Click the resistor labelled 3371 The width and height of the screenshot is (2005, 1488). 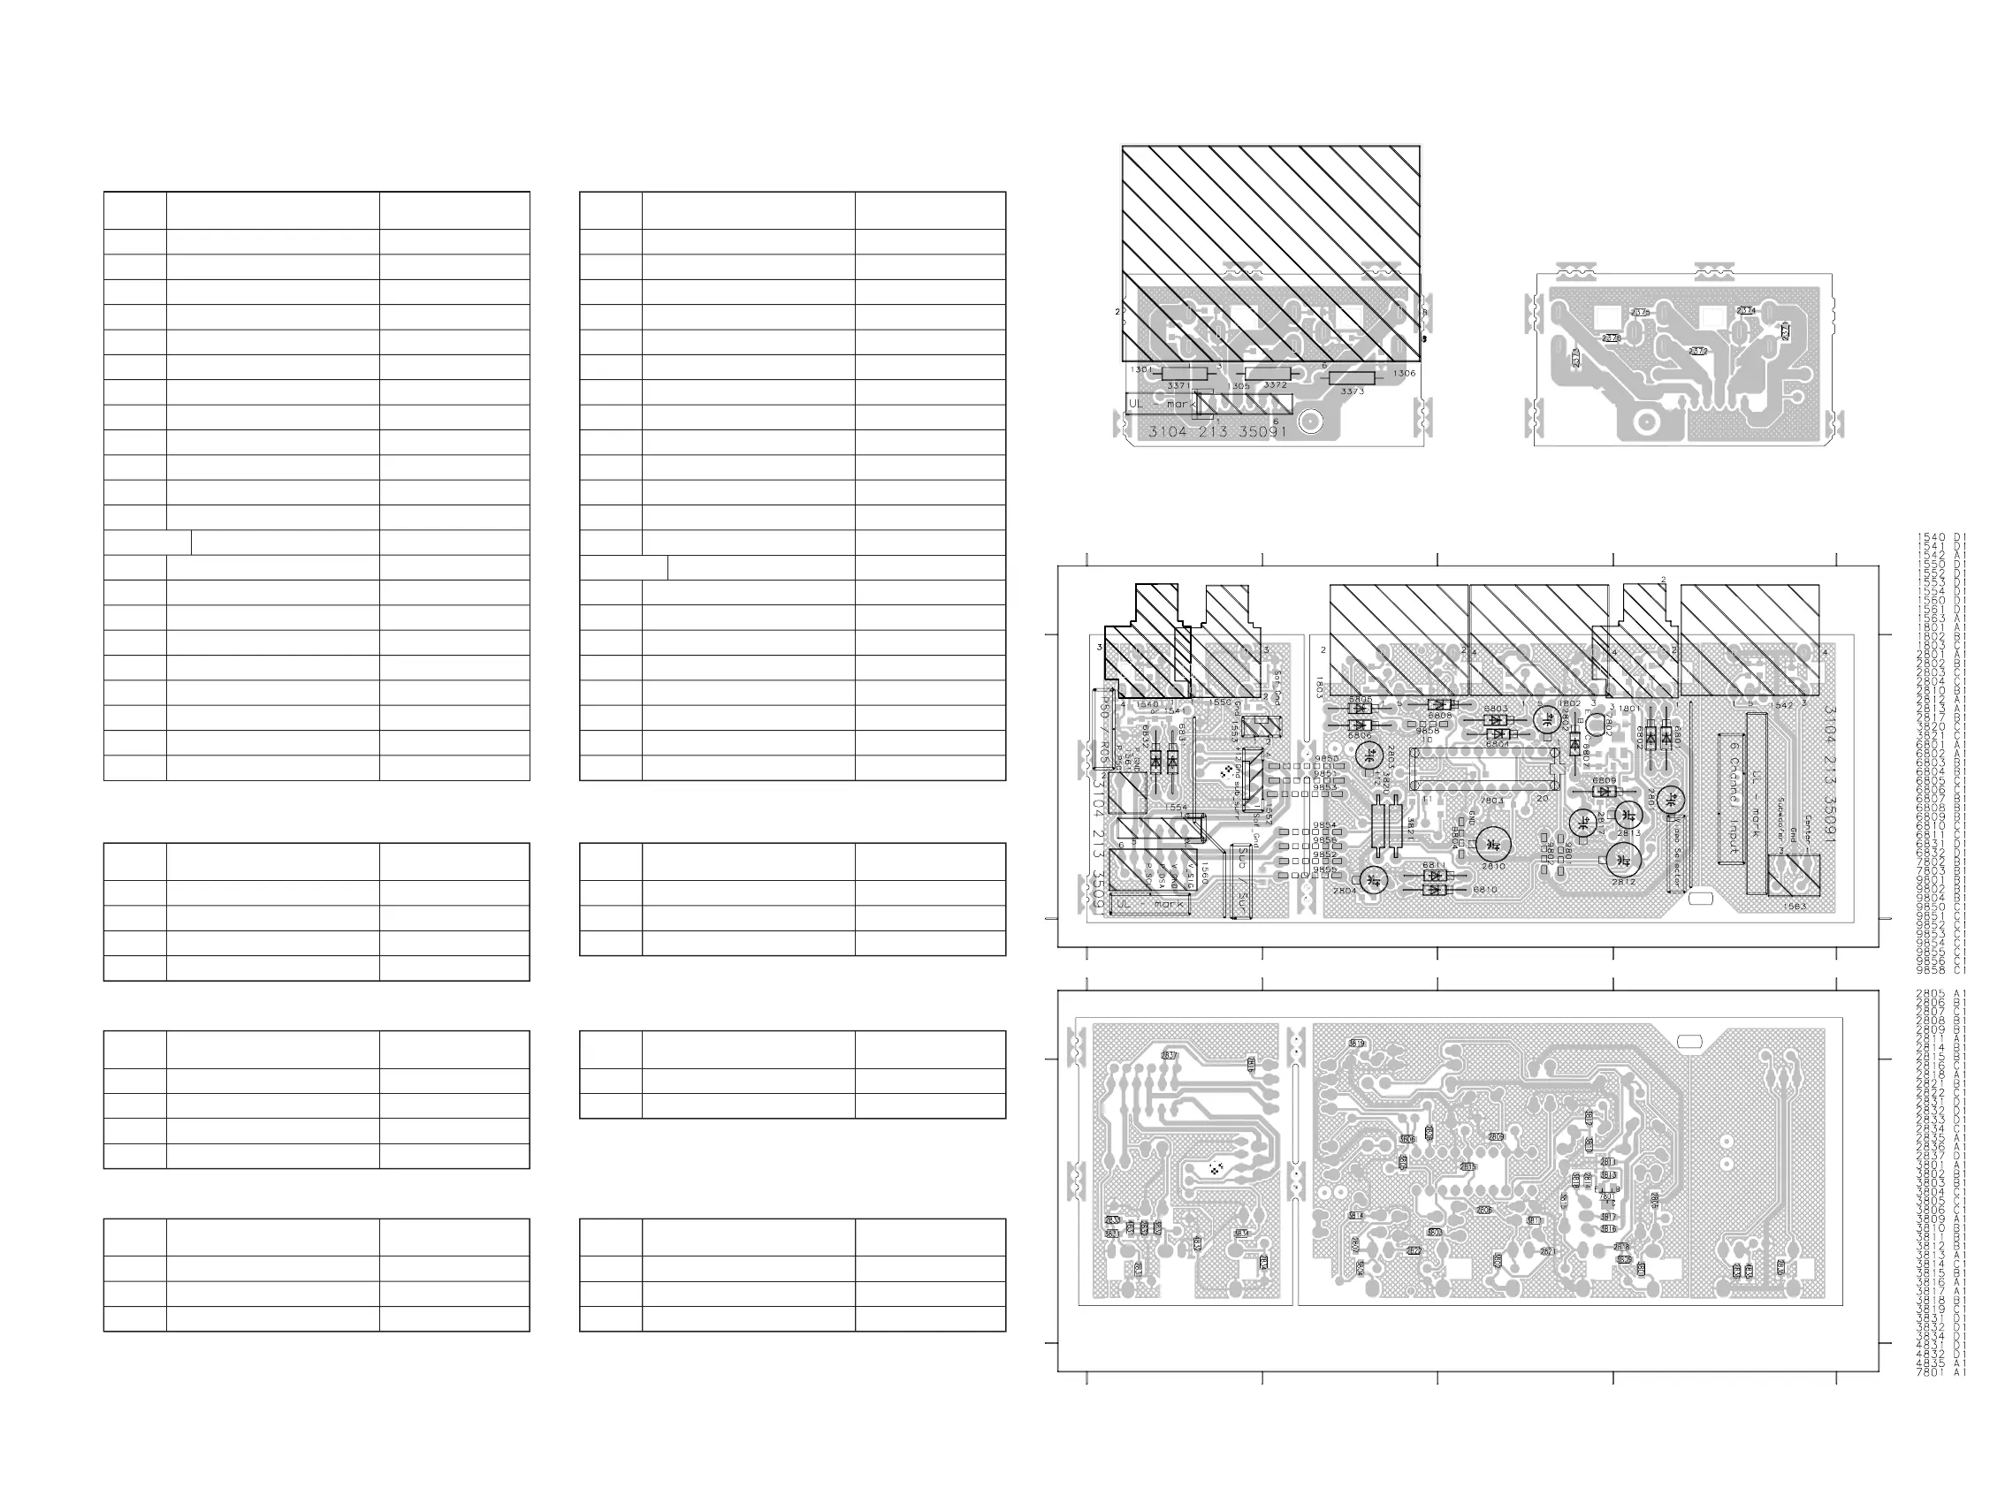click(1183, 374)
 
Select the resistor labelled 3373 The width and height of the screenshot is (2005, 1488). click(1352, 378)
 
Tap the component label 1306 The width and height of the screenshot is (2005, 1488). click(1404, 373)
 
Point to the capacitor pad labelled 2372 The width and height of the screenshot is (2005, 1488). click(1697, 351)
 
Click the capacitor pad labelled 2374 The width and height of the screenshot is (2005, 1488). click(1745, 311)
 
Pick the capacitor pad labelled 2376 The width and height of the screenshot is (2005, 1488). click(1640, 313)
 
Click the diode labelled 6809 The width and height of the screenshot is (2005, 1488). click(1604, 792)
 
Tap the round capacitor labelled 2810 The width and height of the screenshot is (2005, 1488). click(1493, 844)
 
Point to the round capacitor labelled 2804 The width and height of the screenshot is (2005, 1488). click(1372, 880)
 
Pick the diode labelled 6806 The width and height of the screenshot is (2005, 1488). click(1360, 725)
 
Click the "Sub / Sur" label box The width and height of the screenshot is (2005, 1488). click(1241, 882)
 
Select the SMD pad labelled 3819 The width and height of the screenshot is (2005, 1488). click(1356, 1044)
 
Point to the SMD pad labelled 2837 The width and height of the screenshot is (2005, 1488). click(1169, 1056)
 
